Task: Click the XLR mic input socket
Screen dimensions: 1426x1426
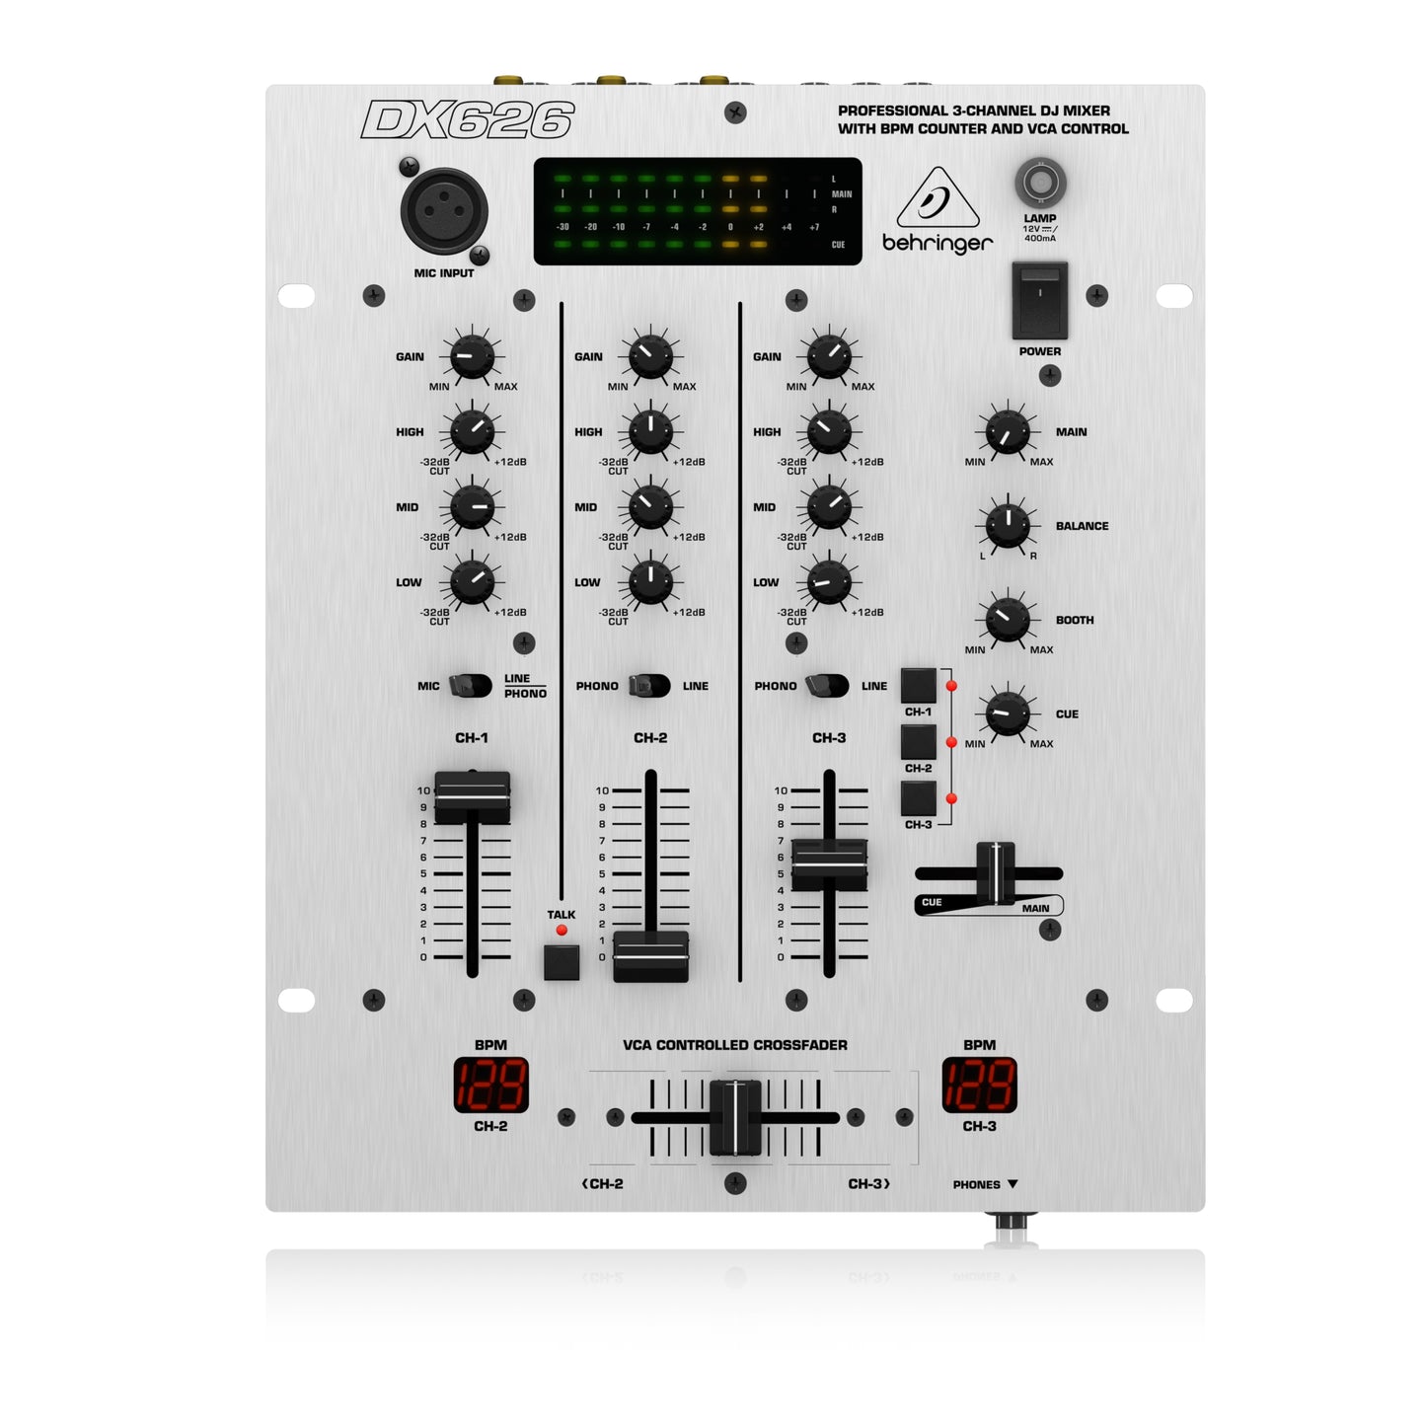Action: point(444,211)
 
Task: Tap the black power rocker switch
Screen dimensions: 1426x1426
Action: point(1039,300)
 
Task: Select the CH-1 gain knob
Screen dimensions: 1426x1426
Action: point(472,356)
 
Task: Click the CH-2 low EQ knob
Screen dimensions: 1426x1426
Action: point(650,582)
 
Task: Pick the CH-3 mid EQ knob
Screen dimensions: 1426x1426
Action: point(829,507)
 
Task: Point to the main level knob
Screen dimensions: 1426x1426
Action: point(1007,432)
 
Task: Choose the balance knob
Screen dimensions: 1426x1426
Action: point(1007,526)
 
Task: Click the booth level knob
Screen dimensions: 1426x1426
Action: point(1007,620)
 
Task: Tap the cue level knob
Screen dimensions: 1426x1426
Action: point(1007,713)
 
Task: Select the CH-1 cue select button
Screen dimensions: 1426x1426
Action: point(918,685)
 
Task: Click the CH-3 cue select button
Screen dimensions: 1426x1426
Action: point(918,797)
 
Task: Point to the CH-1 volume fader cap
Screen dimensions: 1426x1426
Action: point(472,795)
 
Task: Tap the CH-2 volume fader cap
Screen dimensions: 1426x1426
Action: point(650,954)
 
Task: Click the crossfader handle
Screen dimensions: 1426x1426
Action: point(735,1117)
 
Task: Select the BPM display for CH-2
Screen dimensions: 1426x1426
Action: point(490,1086)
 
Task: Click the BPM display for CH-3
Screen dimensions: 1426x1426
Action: point(979,1086)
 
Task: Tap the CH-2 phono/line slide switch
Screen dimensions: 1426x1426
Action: point(649,686)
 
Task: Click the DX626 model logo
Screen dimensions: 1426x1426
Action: point(467,120)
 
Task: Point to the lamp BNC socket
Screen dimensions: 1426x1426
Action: point(1039,183)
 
